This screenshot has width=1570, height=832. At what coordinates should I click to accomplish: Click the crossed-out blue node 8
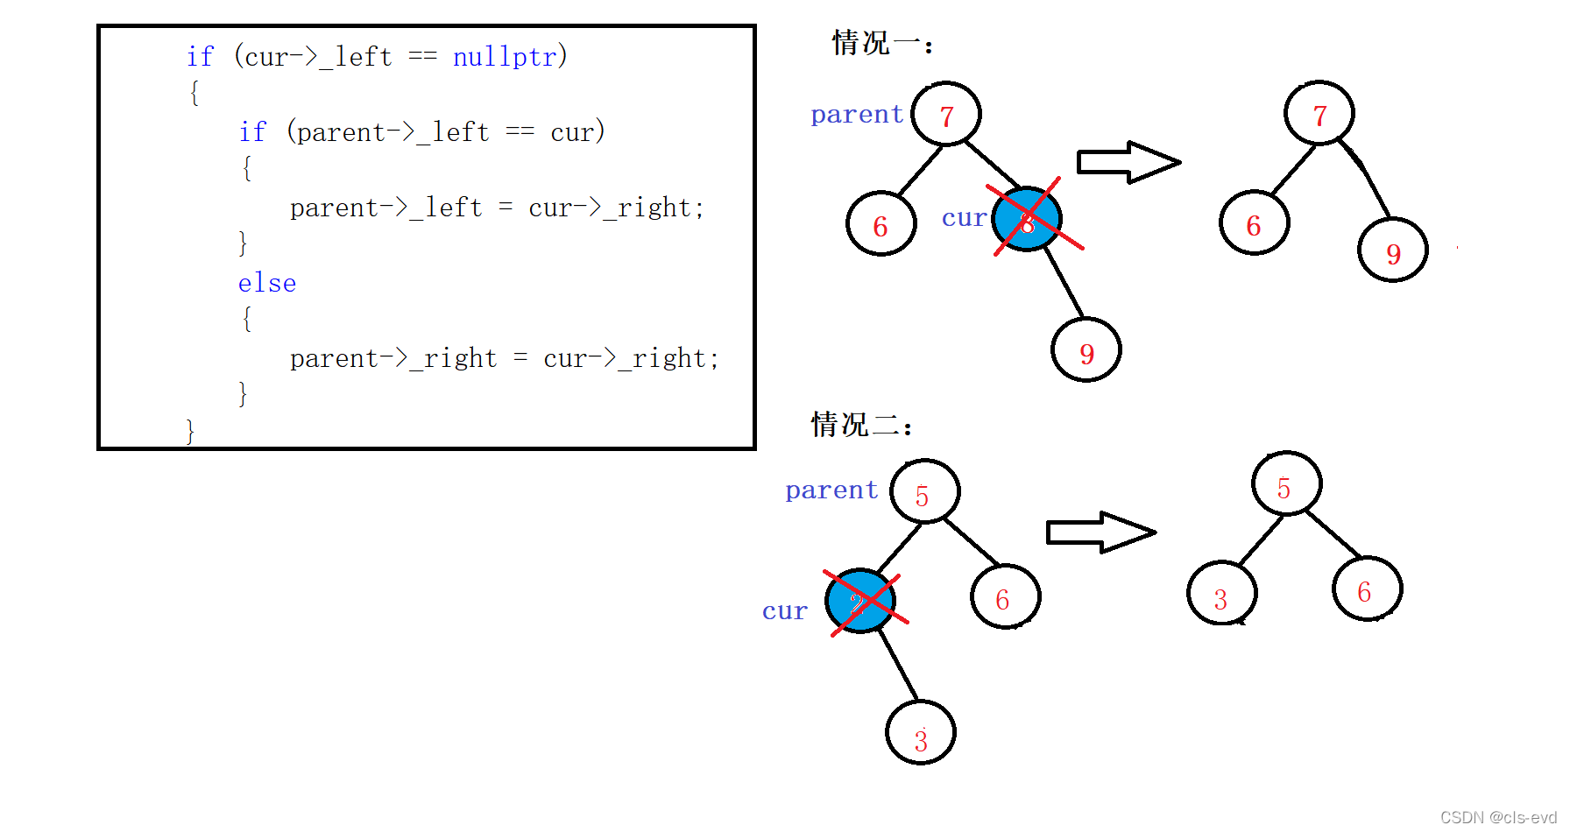1027,220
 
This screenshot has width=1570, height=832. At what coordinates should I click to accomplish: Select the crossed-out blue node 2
860,602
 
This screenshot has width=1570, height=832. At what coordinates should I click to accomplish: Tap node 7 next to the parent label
946,115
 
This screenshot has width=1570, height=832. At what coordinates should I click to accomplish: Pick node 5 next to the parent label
924,492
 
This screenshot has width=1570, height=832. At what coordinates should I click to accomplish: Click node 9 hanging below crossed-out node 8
1086,350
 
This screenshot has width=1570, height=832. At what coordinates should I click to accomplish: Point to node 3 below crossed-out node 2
921,733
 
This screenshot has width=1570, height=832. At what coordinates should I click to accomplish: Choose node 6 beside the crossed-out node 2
1005,597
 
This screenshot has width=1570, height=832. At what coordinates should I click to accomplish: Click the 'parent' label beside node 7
856,115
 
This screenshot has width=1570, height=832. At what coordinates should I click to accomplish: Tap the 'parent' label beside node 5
831,490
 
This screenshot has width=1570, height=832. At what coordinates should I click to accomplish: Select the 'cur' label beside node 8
964,218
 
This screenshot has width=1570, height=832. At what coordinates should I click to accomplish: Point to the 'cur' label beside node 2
784,611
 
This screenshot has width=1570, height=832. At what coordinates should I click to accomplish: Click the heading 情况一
880,43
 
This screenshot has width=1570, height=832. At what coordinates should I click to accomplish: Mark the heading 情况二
860,425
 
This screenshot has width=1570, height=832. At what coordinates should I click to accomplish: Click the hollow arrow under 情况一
1128,162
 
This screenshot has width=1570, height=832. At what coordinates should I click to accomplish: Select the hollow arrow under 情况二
1101,532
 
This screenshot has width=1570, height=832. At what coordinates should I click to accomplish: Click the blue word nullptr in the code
505,57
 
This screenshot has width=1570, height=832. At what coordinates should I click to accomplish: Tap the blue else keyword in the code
267,283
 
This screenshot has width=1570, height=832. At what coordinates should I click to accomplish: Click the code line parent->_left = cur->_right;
497,208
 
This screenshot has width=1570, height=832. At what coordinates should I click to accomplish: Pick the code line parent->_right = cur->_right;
504,358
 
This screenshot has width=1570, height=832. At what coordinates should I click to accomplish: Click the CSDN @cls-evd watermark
1498,817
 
